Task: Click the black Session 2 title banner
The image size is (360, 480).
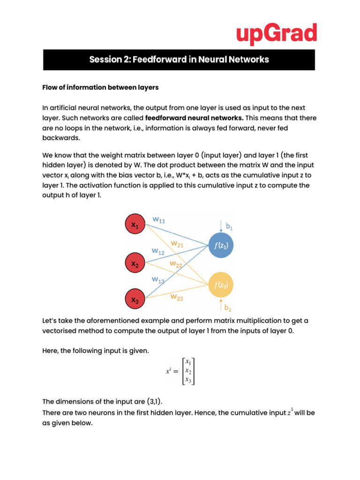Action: [179, 60]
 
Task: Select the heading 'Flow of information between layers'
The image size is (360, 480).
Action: [100, 87]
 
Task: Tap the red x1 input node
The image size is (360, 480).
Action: [135, 225]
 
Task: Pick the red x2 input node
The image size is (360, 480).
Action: [135, 264]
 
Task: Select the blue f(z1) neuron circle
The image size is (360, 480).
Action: [221, 245]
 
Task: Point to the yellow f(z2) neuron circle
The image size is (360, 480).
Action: [221, 284]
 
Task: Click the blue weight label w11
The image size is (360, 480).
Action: [159, 220]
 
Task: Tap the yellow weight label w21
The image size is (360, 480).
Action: [177, 244]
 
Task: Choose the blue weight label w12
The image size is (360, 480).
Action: [158, 251]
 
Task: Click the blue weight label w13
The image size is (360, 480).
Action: [158, 280]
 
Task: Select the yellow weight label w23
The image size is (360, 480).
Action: [177, 297]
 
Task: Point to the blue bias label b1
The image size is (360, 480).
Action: [230, 227]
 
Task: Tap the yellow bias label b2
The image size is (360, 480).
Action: [228, 308]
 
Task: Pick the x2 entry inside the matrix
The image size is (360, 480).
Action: [188, 371]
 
